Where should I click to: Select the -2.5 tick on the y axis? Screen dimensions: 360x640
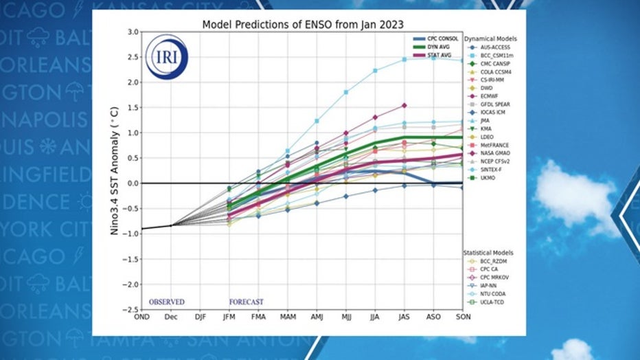click(x=130, y=309)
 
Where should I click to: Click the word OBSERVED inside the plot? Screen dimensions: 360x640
click(x=167, y=302)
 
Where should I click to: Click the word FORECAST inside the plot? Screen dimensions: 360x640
click(x=246, y=302)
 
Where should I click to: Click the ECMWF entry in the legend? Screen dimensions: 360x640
click(x=492, y=98)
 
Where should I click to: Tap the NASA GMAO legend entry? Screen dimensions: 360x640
click(x=498, y=153)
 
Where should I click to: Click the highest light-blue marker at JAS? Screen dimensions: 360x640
click(x=404, y=60)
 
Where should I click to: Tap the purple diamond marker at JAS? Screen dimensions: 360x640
click(x=404, y=105)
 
